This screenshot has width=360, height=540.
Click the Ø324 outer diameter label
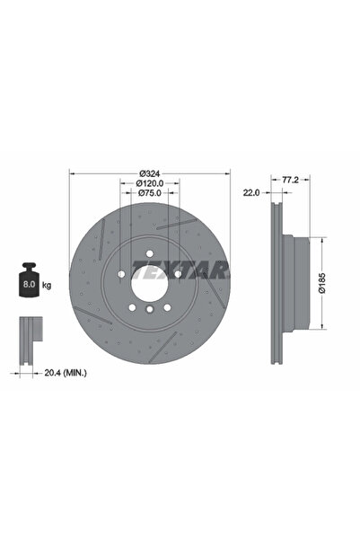pyautogui.click(x=150, y=173)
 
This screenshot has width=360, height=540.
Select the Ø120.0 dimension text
pyautogui.click(x=150, y=184)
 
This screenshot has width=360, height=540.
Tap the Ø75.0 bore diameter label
pyautogui.click(x=150, y=195)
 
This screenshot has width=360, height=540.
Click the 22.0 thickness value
pyautogui.click(x=251, y=192)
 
